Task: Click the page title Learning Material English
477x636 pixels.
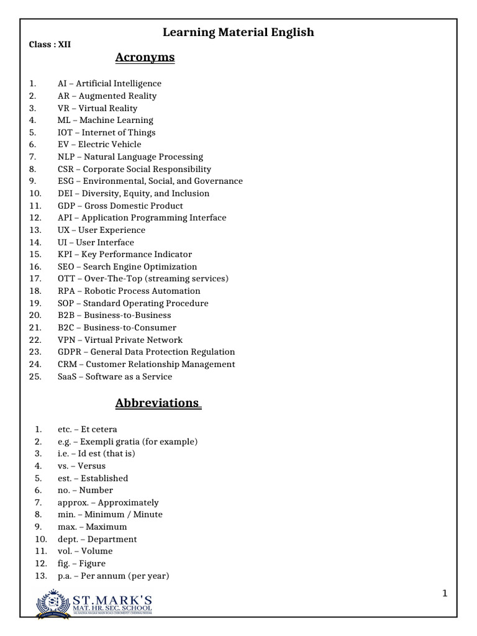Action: coord(238,32)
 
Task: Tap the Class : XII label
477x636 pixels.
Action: coord(50,45)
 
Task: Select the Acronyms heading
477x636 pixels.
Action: coord(145,58)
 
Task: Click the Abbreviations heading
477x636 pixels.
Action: coord(158,402)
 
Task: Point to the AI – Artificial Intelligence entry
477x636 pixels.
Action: coord(109,83)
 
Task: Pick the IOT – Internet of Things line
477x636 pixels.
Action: coord(106,132)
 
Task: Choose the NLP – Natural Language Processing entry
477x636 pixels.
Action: coord(130,157)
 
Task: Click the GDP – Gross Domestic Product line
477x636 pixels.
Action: coord(120,206)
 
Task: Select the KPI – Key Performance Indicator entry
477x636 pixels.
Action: coord(124,254)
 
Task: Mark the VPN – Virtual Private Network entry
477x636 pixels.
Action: coord(120,340)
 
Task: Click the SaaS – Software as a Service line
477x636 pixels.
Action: coord(115,376)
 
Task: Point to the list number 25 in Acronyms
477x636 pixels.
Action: coord(35,376)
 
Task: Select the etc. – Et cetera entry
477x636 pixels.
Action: coord(87,429)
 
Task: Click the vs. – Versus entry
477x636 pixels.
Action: coord(81,466)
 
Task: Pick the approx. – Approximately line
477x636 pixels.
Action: coord(108,502)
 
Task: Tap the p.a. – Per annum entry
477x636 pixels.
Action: coord(113,576)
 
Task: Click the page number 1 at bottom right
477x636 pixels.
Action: coord(445,594)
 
